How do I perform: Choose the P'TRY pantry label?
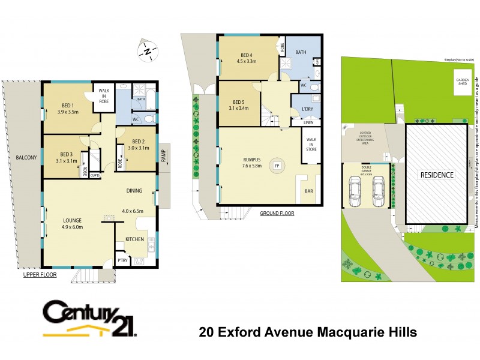123,260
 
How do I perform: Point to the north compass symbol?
147,51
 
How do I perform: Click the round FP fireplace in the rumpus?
277,166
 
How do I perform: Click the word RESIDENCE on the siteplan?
437,175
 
